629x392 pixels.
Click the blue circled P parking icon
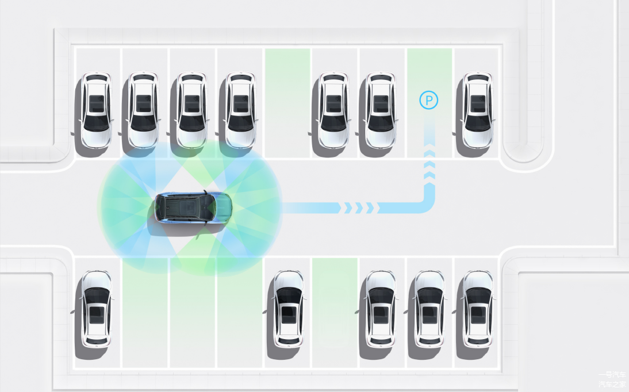(x=428, y=101)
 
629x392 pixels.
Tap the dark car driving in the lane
(x=193, y=208)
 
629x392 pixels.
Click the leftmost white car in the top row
(x=95, y=109)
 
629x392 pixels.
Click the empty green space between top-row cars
(x=287, y=103)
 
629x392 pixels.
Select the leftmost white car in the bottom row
(x=95, y=308)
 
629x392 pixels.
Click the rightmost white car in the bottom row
(x=478, y=308)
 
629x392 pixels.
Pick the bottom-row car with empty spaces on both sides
(x=287, y=308)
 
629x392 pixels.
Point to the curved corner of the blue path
(x=424, y=204)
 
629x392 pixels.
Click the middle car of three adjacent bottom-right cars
(x=429, y=308)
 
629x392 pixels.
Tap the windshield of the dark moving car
(x=209, y=207)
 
